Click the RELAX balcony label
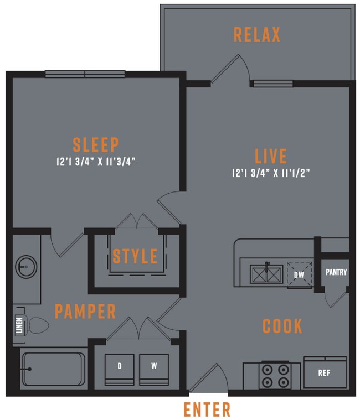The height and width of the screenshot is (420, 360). [257, 34]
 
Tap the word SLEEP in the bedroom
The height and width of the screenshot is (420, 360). [96, 145]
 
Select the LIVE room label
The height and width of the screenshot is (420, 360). [271, 155]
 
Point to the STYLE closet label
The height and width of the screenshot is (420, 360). [135, 257]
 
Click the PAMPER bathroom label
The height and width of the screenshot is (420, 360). [85, 311]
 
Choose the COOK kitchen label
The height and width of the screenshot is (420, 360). [282, 326]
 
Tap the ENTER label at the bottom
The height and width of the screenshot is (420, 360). [207, 410]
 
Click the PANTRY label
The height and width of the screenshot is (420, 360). [336, 272]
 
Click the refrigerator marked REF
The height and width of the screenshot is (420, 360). [324, 372]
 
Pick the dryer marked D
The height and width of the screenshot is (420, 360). [119, 367]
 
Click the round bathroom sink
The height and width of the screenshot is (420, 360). [24, 267]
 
